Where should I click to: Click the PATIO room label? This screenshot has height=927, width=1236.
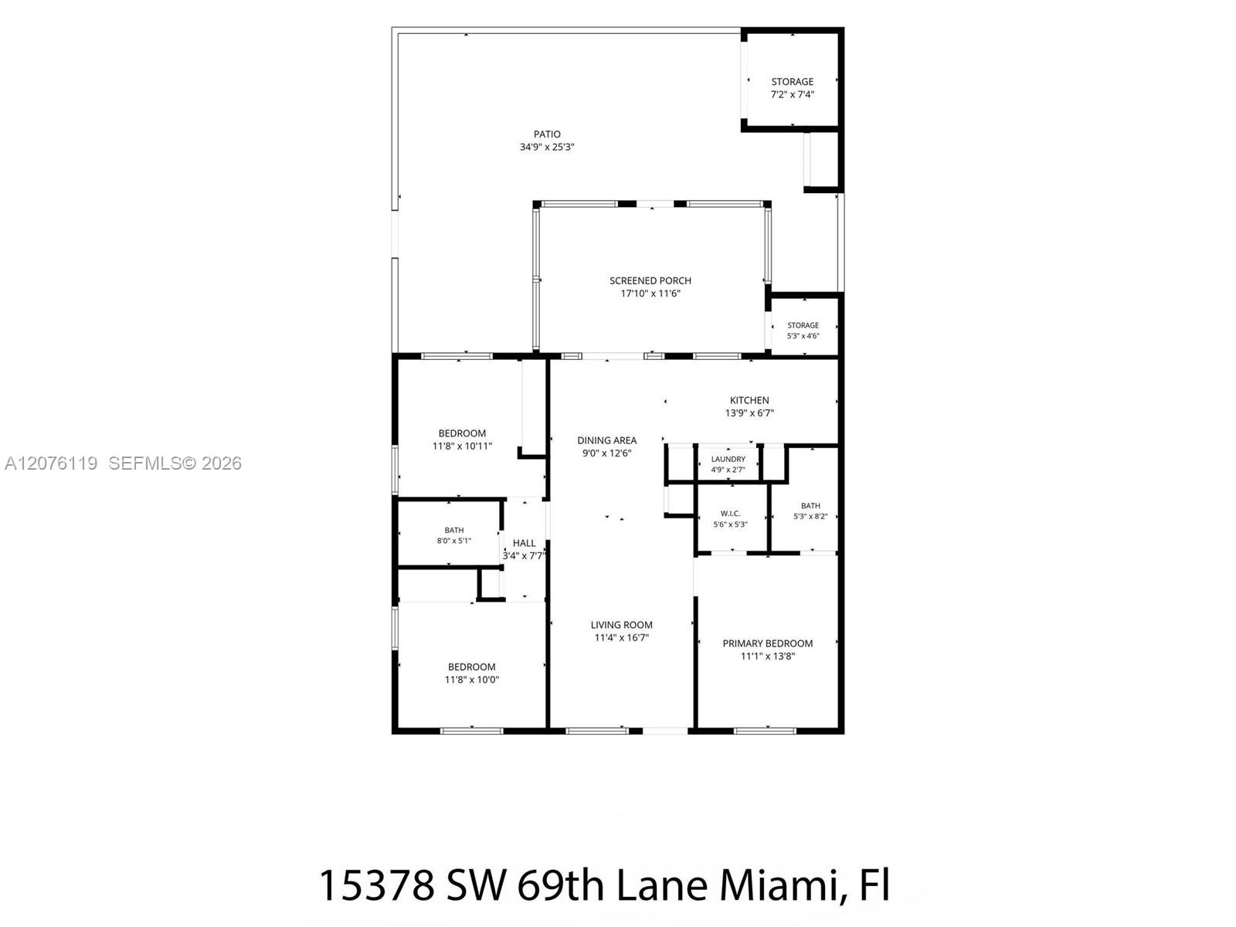547,134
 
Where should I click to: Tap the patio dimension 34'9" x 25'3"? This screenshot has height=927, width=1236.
547,148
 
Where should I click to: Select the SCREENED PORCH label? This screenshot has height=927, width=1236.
650,280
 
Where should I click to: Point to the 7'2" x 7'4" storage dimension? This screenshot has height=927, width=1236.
793,94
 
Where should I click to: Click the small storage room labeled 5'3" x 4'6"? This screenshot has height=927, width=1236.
803,331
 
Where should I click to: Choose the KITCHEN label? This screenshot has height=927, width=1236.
749,400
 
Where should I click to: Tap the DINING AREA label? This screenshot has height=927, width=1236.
607,440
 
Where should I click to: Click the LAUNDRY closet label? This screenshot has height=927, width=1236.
728,460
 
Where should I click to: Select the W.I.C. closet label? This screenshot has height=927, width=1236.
730,513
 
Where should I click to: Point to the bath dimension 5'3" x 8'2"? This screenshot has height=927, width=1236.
810,516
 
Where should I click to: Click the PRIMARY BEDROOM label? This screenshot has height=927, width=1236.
768,643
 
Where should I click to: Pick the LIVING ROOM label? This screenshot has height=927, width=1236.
622,625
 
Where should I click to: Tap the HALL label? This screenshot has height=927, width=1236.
525,543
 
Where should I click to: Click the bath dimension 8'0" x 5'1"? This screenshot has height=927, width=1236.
454,541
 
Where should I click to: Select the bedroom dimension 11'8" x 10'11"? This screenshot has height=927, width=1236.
462,447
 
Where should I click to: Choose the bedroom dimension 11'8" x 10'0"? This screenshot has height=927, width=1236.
472,679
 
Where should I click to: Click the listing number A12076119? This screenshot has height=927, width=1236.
51,463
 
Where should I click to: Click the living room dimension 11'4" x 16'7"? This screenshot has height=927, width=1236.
622,638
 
